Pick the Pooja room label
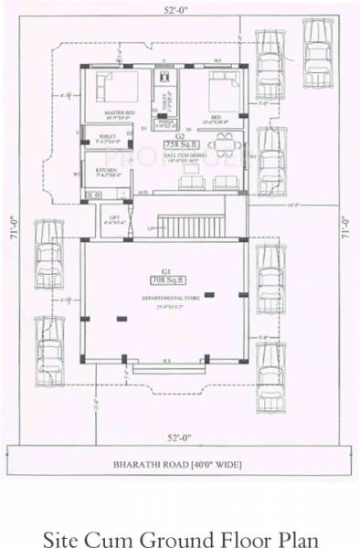tap(166, 120)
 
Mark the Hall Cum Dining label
tap(177, 157)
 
